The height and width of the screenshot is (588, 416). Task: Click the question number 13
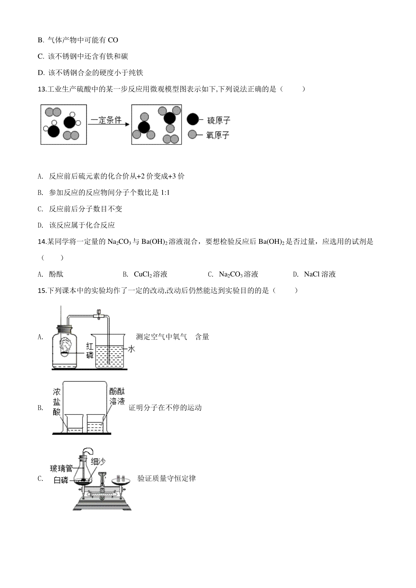click(x=42, y=89)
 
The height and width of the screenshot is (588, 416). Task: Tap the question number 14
click(x=42, y=241)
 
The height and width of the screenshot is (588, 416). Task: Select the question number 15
click(x=42, y=290)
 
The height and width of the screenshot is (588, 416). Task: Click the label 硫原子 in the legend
click(x=219, y=121)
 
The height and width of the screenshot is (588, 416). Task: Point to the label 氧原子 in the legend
click(x=218, y=135)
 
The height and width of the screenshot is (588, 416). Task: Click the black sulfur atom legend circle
click(x=193, y=119)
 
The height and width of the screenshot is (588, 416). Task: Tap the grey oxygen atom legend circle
click(x=192, y=134)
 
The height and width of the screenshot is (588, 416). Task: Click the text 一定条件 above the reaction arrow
click(x=106, y=120)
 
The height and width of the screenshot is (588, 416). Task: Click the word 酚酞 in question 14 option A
click(x=56, y=274)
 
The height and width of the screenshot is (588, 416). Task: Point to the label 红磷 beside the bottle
click(x=90, y=351)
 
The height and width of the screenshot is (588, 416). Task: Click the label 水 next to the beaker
click(x=131, y=349)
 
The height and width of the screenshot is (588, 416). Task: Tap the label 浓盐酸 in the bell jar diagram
click(x=57, y=402)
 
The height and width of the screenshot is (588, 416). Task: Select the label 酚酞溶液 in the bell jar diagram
click(x=117, y=397)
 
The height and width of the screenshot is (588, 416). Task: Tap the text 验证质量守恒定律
click(x=167, y=478)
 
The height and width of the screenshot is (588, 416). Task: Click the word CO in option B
click(x=113, y=40)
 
